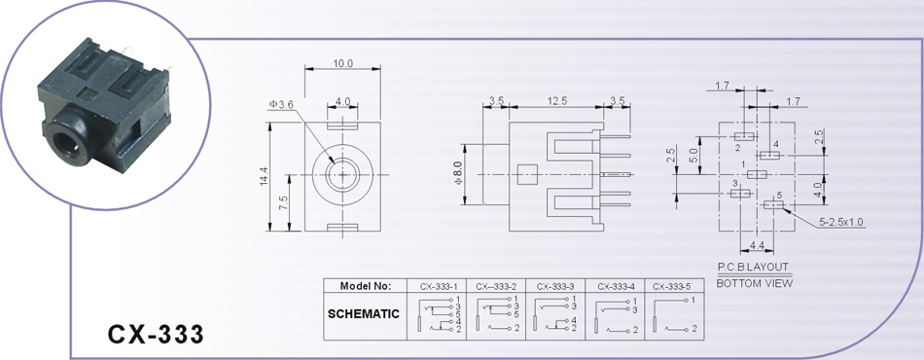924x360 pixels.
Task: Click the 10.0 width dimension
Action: coord(342,63)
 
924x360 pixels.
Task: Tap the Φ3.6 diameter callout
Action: coord(281,104)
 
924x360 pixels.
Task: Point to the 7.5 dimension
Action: coord(283,203)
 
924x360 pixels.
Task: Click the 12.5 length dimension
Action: coord(557,101)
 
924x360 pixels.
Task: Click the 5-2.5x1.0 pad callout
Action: coord(841,222)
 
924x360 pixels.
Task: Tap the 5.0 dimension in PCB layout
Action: coord(693,156)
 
